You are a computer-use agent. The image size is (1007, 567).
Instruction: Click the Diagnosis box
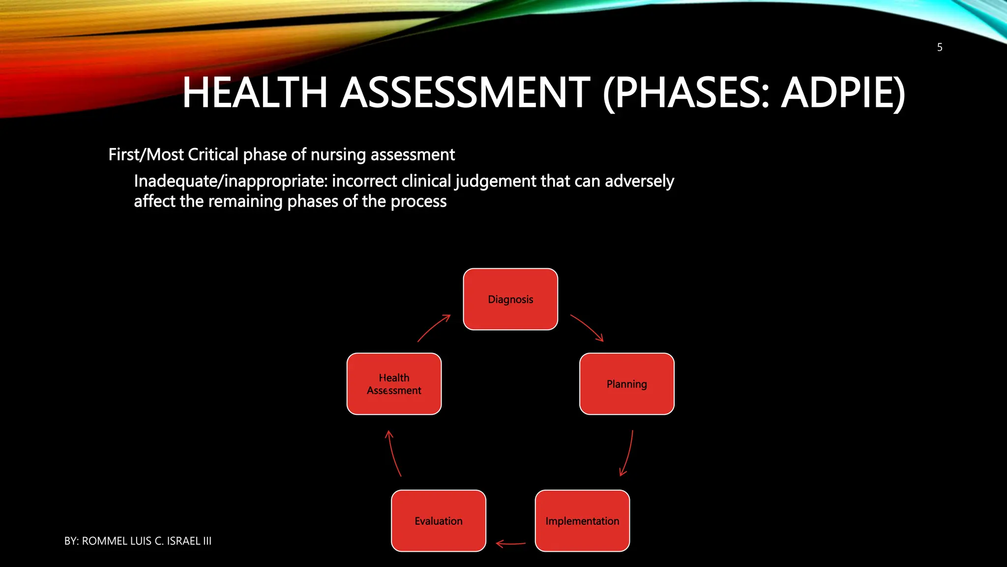pos(510,299)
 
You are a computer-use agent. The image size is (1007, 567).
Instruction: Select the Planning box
pos(626,384)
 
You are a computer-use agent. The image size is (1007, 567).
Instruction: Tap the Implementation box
pos(582,521)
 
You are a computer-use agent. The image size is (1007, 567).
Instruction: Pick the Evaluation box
pos(438,521)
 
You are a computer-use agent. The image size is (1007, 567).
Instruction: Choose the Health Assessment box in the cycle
pos(394,384)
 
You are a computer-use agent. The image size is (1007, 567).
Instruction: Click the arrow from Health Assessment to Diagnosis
pos(433,328)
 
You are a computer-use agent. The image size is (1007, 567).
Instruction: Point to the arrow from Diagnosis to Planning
pos(587,327)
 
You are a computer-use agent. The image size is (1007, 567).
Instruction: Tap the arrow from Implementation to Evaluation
pos(510,543)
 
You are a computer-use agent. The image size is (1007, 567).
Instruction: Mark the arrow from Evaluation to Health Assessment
pos(393,453)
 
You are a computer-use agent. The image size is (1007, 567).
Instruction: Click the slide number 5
pos(939,47)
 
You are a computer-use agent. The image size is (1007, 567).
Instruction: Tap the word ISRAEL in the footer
pos(183,541)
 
